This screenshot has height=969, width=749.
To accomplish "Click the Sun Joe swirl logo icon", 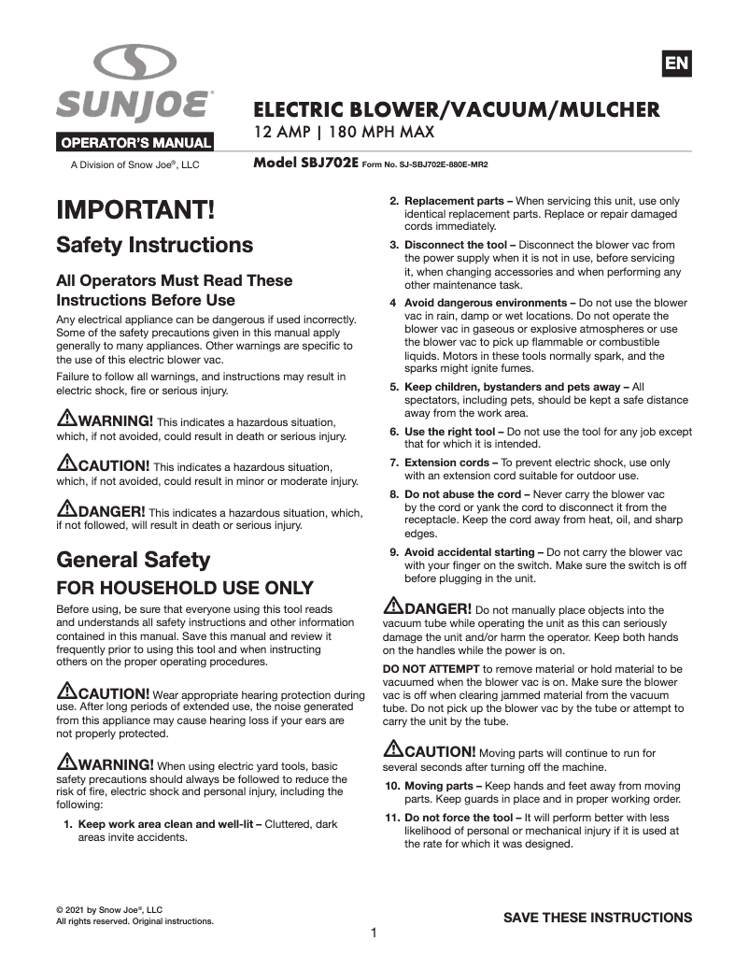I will [x=134, y=64].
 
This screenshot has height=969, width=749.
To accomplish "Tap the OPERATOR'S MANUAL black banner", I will [x=136, y=144].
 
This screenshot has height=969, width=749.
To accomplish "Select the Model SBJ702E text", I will [x=305, y=162].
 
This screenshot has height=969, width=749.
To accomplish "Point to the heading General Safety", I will [x=134, y=560].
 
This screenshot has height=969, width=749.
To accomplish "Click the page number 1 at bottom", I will [x=374, y=933].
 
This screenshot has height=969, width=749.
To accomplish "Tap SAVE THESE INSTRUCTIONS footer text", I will [x=598, y=917].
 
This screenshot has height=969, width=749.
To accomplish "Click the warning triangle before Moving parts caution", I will [x=393, y=749].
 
